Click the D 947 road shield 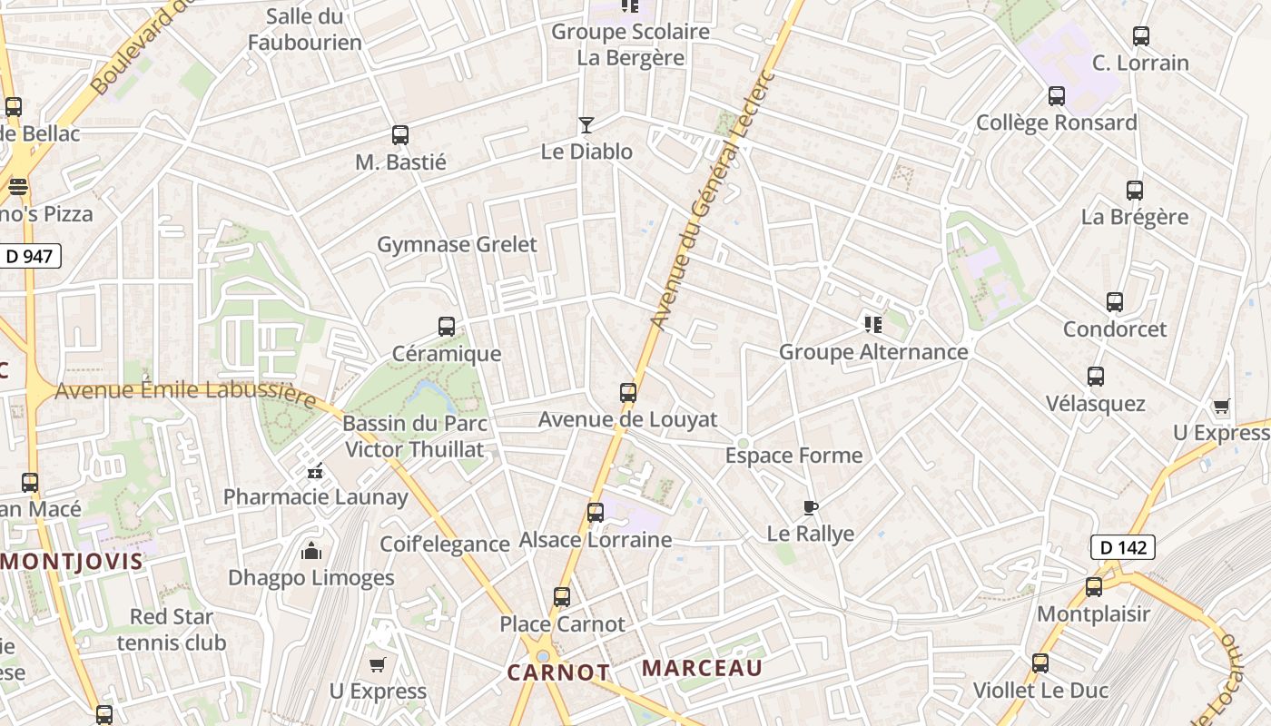(30, 257)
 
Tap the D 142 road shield (1122, 547)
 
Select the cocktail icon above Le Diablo (586, 125)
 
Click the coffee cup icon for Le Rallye (811, 508)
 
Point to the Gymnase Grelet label (457, 244)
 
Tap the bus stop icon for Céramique (447, 327)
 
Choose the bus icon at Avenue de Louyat (628, 393)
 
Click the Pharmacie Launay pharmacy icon (315, 471)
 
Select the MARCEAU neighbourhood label (702, 669)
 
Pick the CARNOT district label (557, 672)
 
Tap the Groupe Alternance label (873, 352)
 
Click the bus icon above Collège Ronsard (1057, 96)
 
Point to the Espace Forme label (793, 456)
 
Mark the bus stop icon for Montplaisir (1094, 587)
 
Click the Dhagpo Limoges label (310, 578)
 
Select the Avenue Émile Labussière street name (186, 391)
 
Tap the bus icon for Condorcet (1115, 303)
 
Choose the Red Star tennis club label (172, 630)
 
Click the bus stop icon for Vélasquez (1096, 377)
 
